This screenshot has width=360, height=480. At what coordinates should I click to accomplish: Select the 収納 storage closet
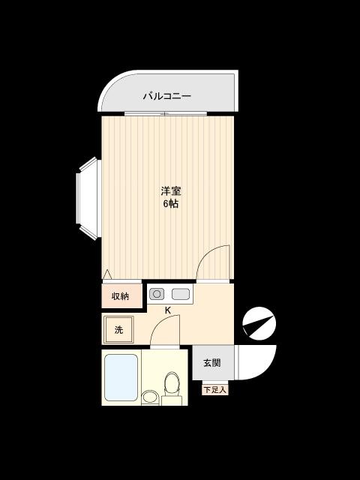[120, 296]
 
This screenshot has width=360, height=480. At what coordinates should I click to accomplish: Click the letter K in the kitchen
[168, 310]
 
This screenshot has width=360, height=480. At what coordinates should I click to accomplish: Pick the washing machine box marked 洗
[118, 329]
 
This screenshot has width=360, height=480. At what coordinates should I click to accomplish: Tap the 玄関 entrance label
[211, 363]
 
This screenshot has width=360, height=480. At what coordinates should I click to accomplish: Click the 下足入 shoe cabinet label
[214, 390]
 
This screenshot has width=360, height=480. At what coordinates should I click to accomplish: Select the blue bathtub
[120, 377]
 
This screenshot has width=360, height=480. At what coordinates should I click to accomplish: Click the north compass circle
[259, 324]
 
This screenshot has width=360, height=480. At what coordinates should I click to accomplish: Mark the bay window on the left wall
[88, 198]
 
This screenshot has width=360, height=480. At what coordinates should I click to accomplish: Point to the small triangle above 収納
[107, 274]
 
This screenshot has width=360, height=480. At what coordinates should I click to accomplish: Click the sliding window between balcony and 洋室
[164, 113]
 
